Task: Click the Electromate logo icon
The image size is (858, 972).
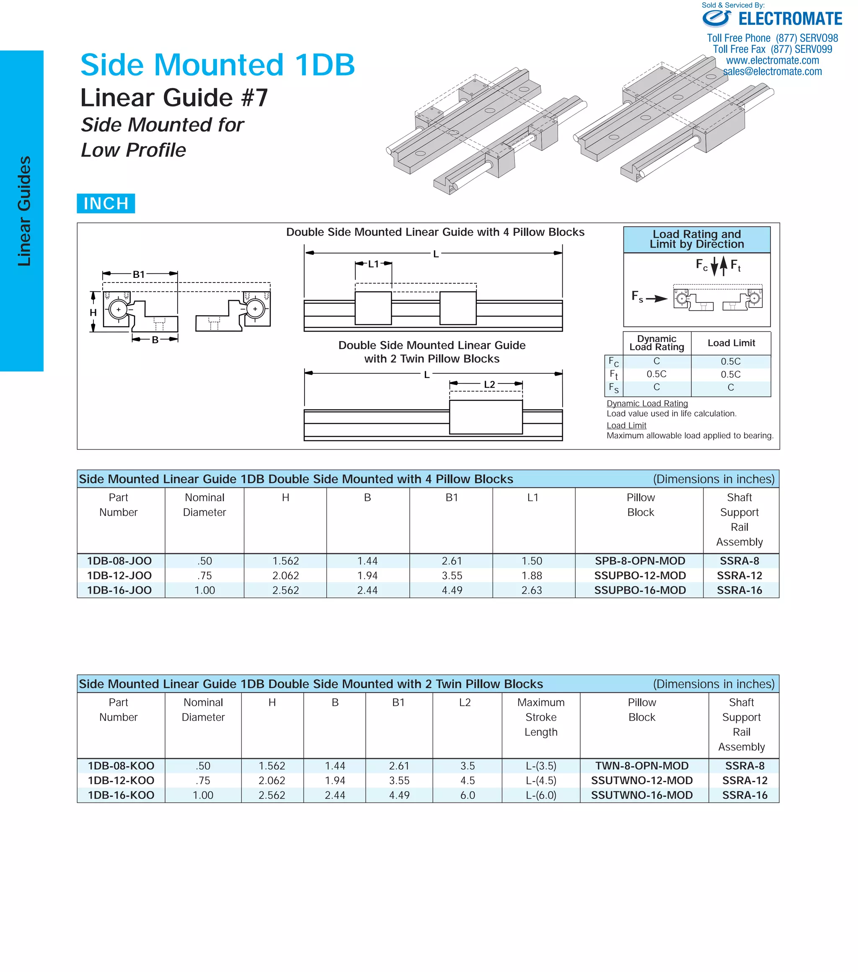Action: click(x=716, y=18)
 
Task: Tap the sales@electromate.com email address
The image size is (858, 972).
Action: click(x=772, y=71)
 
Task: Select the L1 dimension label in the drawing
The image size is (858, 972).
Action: click(x=373, y=264)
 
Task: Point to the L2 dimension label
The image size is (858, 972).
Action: click(x=489, y=384)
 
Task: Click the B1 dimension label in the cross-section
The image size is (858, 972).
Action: click(x=138, y=275)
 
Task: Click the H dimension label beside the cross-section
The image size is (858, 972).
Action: click(x=93, y=312)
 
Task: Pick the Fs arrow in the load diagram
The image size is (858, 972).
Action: click(x=656, y=298)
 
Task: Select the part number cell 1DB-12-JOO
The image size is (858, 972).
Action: click(x=119, y=575)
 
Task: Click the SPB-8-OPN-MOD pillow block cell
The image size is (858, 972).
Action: click(x=640, y=561)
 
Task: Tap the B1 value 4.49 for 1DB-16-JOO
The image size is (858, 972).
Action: click(x=452, y=590)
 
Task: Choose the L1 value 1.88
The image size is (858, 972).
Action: click(x=532, y=575)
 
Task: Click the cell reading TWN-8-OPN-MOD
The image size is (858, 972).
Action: click(x=642, y=766)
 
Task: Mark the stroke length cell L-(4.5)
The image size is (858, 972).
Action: click(x=540, y=780)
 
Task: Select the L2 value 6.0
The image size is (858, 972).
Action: click(x=467, y=795)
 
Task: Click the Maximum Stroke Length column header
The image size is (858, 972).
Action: click(x=540, y=717)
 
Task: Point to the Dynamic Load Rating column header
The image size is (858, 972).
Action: click(x=656, y=343)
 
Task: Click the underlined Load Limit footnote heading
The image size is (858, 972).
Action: click(x=626, y=425)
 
